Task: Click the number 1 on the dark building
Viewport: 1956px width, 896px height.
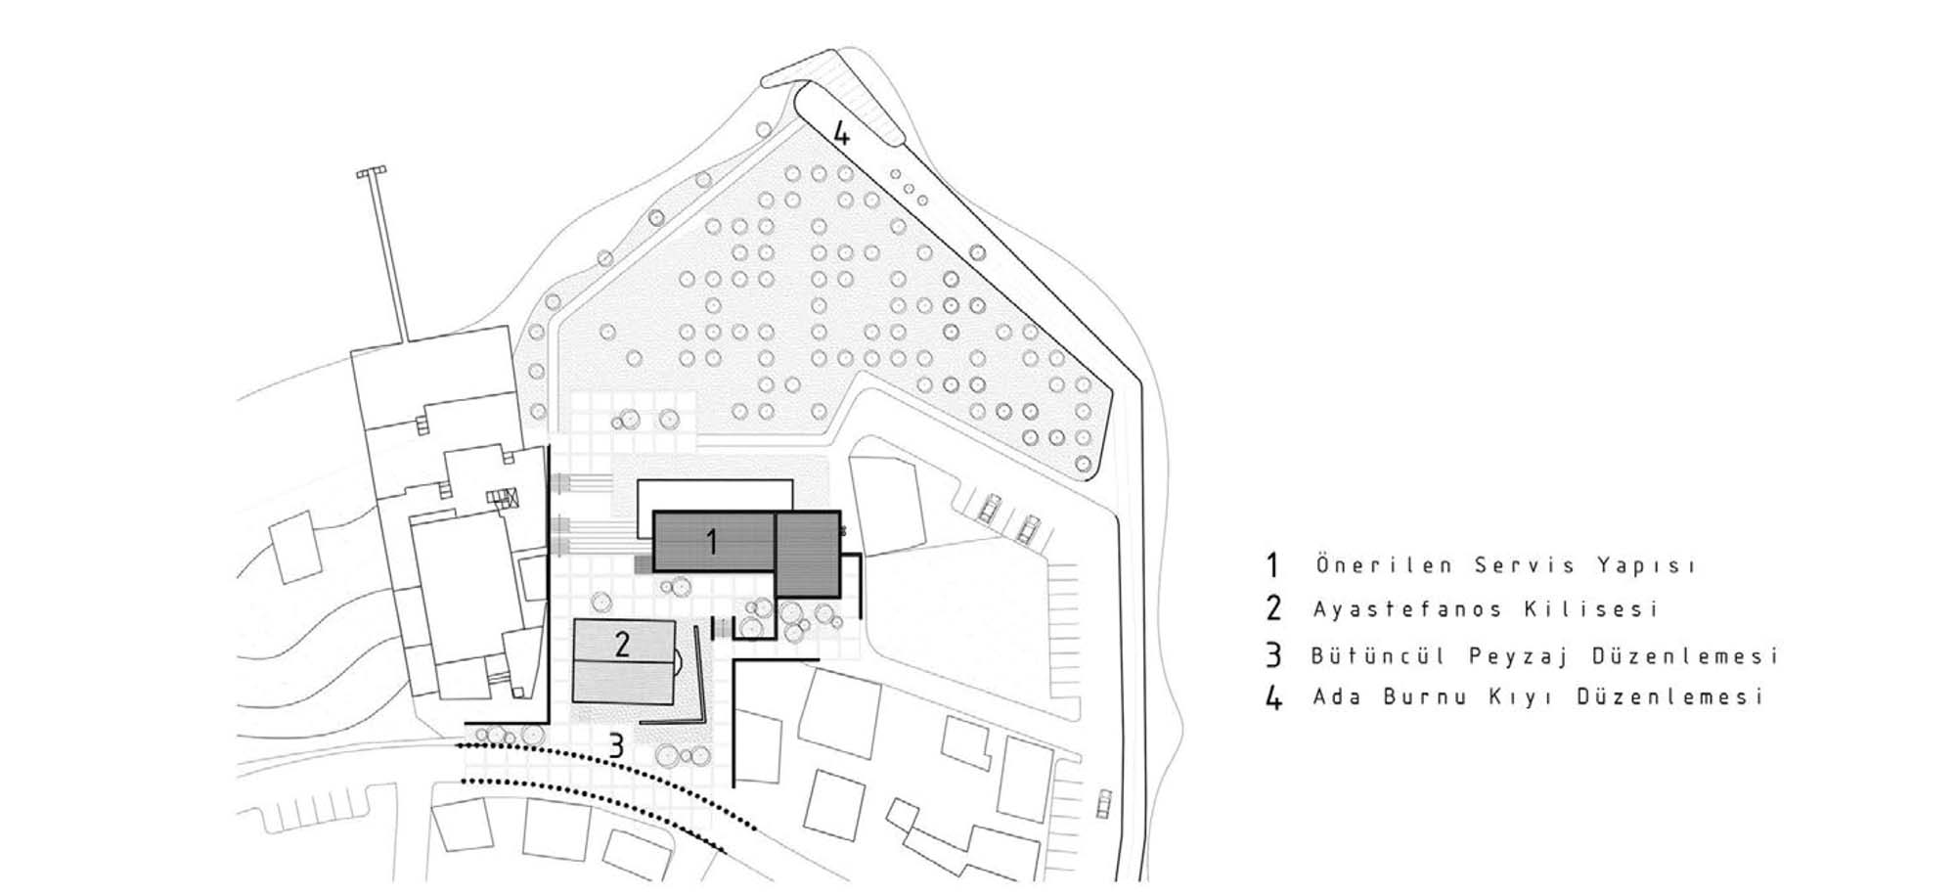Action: (712, 541)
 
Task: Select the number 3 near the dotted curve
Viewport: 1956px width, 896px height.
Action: (615, 746)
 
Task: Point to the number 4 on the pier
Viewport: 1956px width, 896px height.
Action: (841, 133)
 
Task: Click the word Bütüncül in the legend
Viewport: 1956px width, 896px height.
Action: (1378, 655)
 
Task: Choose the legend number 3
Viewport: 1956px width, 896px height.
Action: (1272, 655)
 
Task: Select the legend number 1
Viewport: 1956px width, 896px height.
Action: (1272, 565)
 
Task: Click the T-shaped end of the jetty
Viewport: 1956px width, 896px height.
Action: (371, 172)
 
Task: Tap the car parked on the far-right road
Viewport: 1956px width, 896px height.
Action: (1104, 802)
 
